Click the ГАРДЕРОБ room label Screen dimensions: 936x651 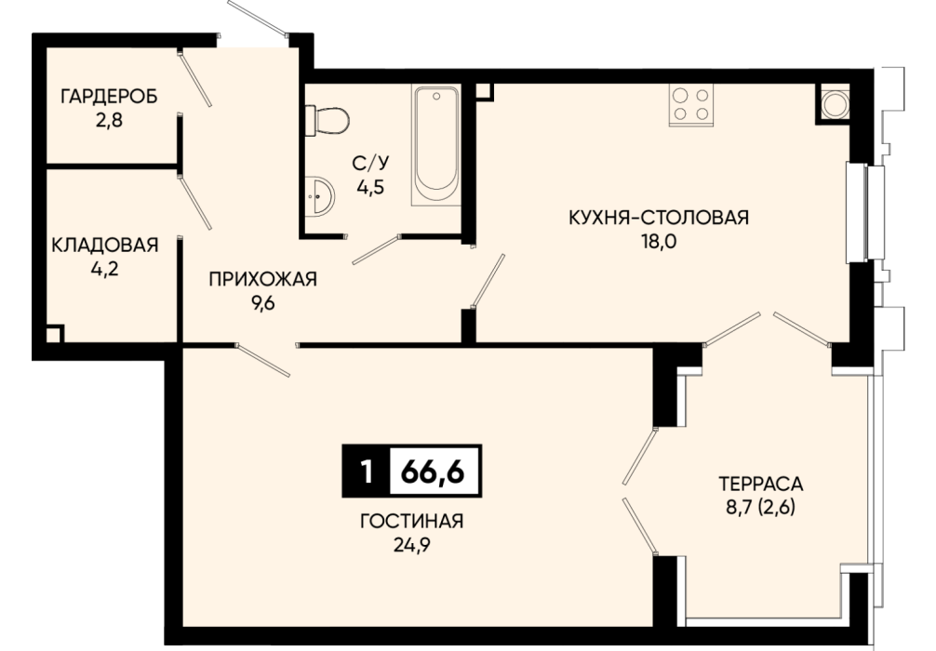coord(109,96)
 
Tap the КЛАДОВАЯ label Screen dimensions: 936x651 coord(105,246)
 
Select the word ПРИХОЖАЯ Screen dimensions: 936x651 coord(262,279)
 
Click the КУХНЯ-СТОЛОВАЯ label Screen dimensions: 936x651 coord(659,218)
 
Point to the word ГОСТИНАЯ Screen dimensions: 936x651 coord(412,521)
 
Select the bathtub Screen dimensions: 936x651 coord(436,146)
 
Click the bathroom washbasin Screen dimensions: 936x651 coord(319,194)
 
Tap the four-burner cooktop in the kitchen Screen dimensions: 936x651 coord(691,104)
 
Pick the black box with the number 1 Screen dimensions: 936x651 coord(367,472)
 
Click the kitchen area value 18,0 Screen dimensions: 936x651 coord(660,242)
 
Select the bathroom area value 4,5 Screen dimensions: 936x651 coord(370,187)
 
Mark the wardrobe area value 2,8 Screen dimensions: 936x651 coord(109,121)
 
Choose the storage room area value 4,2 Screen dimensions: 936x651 coord(105,270)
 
